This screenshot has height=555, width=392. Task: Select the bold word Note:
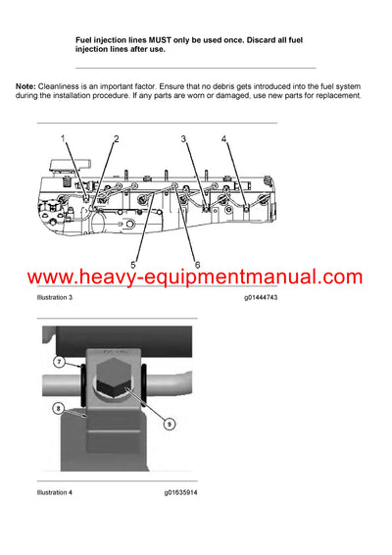26,86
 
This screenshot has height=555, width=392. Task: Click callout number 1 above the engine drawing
66,139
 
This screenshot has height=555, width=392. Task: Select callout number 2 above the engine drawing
116,139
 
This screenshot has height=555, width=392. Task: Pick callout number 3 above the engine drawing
183,140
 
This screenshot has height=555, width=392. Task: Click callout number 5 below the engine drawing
134,264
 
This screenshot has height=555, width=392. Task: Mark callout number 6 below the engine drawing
197,264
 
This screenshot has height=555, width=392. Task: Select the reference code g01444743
262,296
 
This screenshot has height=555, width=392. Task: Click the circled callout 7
58,362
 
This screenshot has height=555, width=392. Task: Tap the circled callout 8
58,407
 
